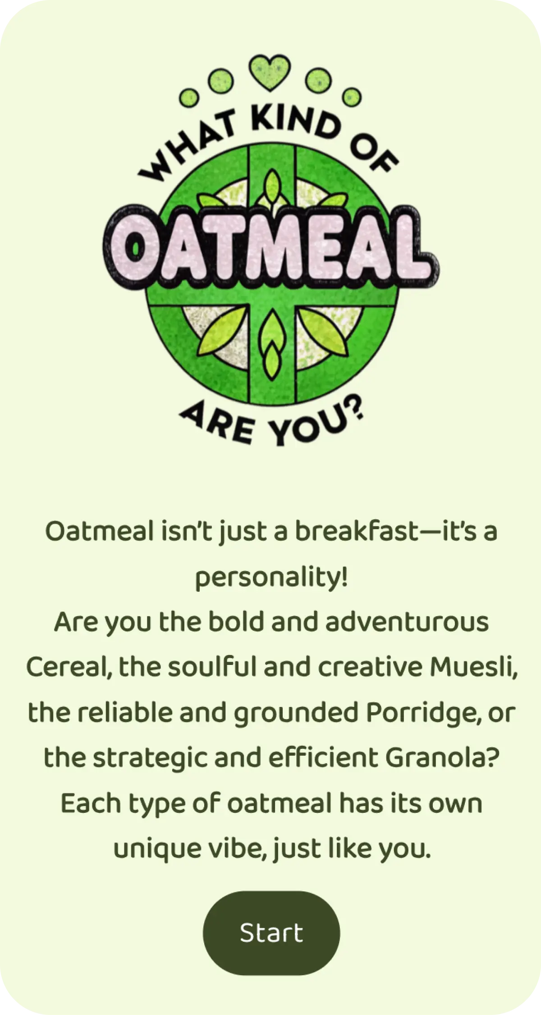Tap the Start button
(271, 933)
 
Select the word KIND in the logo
(295, 119)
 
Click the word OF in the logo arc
(373, 153)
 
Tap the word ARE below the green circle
(218, 424)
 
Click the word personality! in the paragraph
(271, 578)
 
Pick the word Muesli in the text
(473, 667)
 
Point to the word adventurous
(407, 622)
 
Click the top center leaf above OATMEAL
(272, 186)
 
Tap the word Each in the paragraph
(90, 803)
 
